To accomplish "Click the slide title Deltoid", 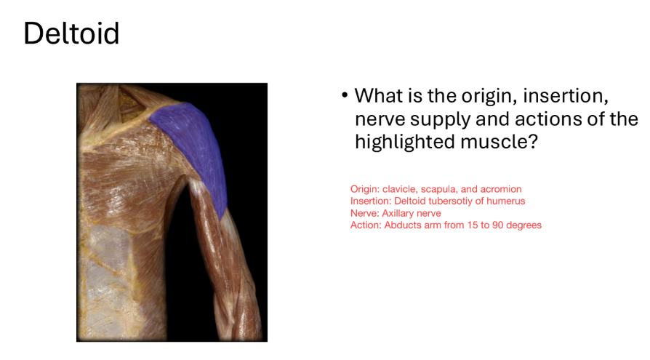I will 71,33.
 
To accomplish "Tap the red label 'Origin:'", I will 365,190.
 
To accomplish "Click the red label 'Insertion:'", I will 370,201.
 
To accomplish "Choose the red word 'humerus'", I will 507,201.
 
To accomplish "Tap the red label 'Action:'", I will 366,225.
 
